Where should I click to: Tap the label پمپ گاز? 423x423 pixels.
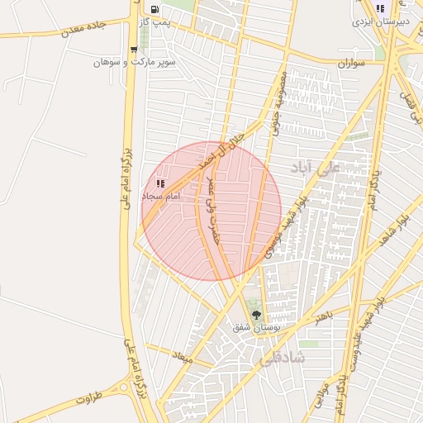click(x=154, y=22)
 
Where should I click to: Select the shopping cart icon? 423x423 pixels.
click(x=134, y=50)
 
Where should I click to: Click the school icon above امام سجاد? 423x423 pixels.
click(x=160, y=183)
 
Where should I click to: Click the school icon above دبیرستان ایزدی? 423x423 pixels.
click(x=380, y=8)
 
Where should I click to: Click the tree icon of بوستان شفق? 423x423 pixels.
click(x=255, y=314)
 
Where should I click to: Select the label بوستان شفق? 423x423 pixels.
click(x=254, y=327)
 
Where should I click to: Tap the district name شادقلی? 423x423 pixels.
click(x=283, y=358)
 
